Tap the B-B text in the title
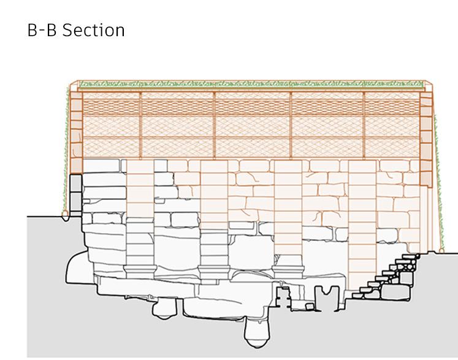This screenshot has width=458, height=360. click(42, 29)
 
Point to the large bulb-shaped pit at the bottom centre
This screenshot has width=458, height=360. click(258, 331)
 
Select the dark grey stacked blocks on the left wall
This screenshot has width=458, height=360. click(75, 193)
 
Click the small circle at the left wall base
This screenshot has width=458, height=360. click(65, 213)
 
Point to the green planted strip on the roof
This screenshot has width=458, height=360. click(251, 83)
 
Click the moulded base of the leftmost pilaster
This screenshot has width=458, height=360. click(140, 269)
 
